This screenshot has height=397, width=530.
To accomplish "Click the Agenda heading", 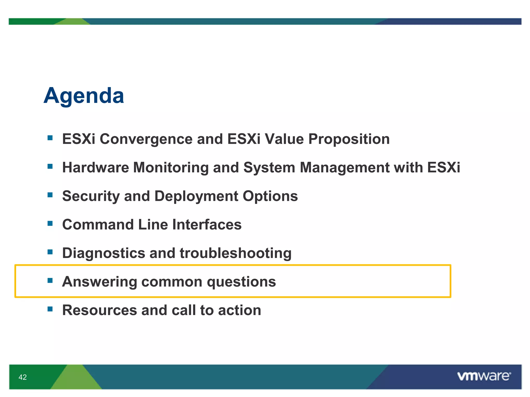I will [x=84, y=96].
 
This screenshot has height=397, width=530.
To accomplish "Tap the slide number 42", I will [x=23, y=377].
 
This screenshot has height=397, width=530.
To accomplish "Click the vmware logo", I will [x=484, y=376].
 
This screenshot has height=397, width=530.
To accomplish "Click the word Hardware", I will [x=95, y=167].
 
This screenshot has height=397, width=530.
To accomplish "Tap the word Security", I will [x=91, y=196].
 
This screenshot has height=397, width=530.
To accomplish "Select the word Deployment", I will [x=196, y=196].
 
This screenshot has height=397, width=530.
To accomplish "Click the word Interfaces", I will [x=207, y=224].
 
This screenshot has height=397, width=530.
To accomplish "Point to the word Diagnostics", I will [x=104, y=253].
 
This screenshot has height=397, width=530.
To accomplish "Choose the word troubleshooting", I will [x=235, y=253].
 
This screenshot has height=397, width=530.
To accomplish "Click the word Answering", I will [x=99, y=281].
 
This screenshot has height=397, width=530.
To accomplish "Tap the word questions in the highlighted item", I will [x=241, y=281].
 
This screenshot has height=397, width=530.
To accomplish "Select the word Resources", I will [x=99, y=310].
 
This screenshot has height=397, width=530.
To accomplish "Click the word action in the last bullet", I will [x=239, y=310].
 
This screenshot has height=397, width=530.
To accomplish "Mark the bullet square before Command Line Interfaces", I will [x=50, y=223].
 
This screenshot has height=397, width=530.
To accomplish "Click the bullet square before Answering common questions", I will [x=50, y=280].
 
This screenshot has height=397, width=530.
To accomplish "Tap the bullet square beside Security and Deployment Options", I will [x=50, y=195].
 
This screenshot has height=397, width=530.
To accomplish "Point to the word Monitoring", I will [x=171, y=167].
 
